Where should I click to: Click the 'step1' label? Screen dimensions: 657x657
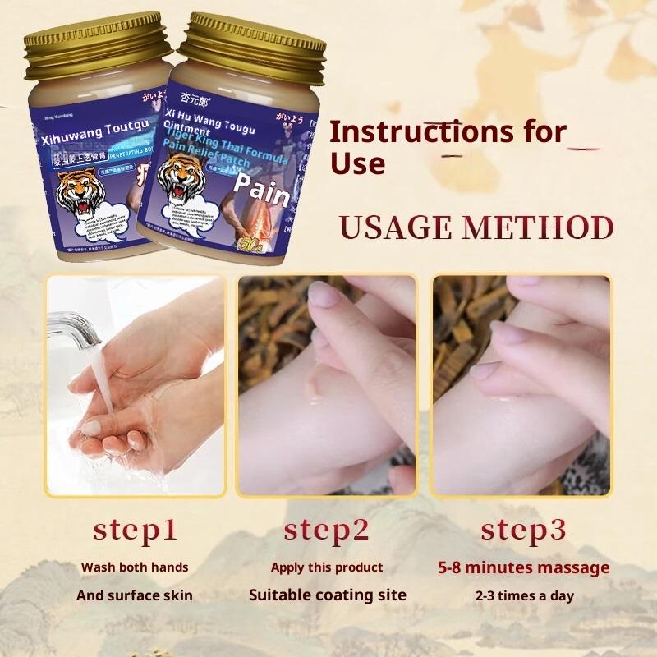click(135, 530)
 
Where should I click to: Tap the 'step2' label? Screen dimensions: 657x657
click(326, 530)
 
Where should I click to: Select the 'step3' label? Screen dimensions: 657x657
click(523, 530)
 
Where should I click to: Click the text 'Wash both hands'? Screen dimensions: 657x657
click(135, 567)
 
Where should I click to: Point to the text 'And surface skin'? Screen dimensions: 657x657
click(135, 595)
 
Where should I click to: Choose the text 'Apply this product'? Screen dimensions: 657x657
click(327, 567)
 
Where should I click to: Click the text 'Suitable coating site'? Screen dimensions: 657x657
click(328, 595)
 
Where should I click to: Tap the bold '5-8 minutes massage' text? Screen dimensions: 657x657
click(523, 567)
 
